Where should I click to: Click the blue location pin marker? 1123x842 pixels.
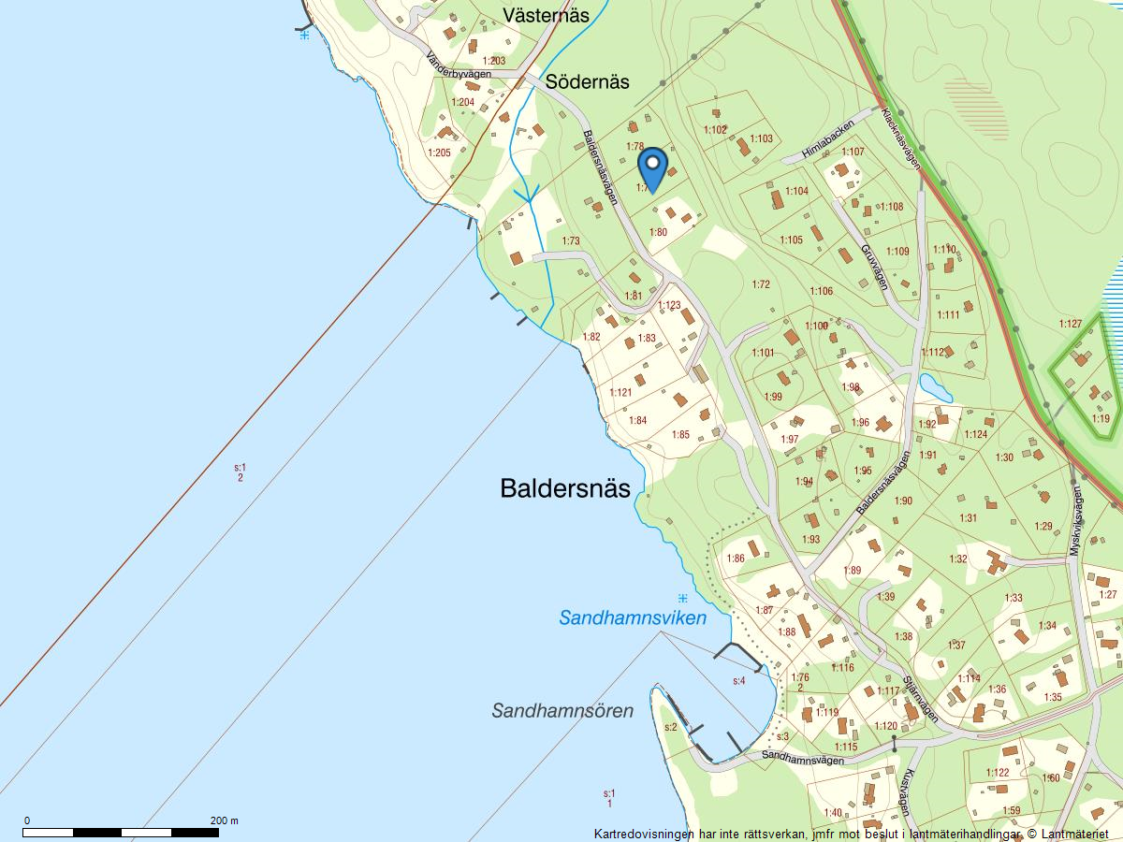point(652,169)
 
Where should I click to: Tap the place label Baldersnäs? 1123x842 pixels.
point(565,488)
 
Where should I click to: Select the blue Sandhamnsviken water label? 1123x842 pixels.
point(633,618)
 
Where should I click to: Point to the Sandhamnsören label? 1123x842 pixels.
point(562,711)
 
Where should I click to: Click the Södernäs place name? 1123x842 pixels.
point(588,81)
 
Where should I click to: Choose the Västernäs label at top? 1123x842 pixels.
point(546,15)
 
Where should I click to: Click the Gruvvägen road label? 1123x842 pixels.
point(873,264)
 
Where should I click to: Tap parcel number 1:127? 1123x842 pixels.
point(1071,324)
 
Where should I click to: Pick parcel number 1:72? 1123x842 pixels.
point(761,284)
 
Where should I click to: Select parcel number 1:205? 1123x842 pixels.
point(440,152)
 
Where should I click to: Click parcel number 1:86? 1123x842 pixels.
point(736,559)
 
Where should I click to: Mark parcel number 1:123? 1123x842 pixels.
point(669,306)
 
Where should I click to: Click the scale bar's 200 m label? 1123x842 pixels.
point(225,820)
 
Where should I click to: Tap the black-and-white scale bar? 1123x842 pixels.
point(123,832)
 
